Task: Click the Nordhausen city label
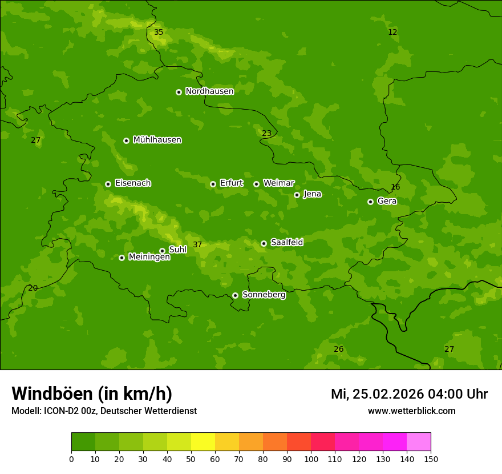pos(209,91)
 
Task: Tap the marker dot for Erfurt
pos(213,184)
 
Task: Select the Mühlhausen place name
pos(157,140)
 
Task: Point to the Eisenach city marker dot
pos(108,184)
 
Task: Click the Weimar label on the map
pos(278,183)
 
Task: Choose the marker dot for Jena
pos(297,195)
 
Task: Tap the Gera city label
pos(387,201)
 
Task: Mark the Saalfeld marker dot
pos(264,243)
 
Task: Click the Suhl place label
pos(177,250)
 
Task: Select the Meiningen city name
pos(149,257)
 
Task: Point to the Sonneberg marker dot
pos(235,295)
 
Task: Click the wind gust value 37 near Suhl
pos(197,245)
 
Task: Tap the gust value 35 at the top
pos(159,33)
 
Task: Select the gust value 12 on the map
pos(392,33)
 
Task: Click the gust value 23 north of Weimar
pos(266,134)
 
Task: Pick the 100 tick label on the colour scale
pos(311,459)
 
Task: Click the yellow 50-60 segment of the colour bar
pos(203,442)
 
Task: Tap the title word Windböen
pos(52,393)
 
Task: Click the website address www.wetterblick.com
pos(411,411)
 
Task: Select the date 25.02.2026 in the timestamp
pos(388,394)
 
